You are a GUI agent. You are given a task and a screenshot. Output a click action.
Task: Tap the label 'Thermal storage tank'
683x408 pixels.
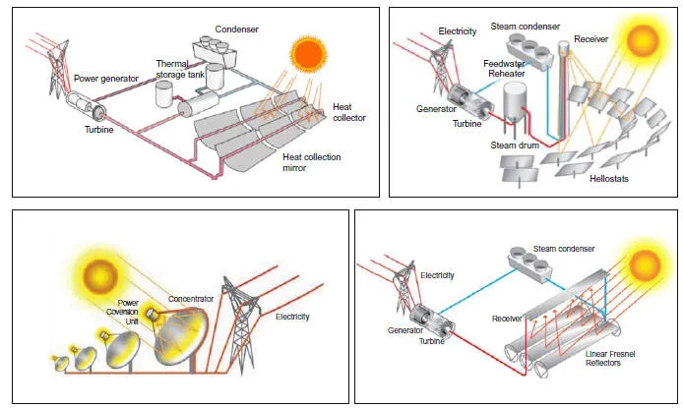tap(181, 69)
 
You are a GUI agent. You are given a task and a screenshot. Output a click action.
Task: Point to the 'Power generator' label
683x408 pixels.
tap(106, 78)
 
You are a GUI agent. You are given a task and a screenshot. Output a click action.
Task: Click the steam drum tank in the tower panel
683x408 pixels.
tap(516, 103)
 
